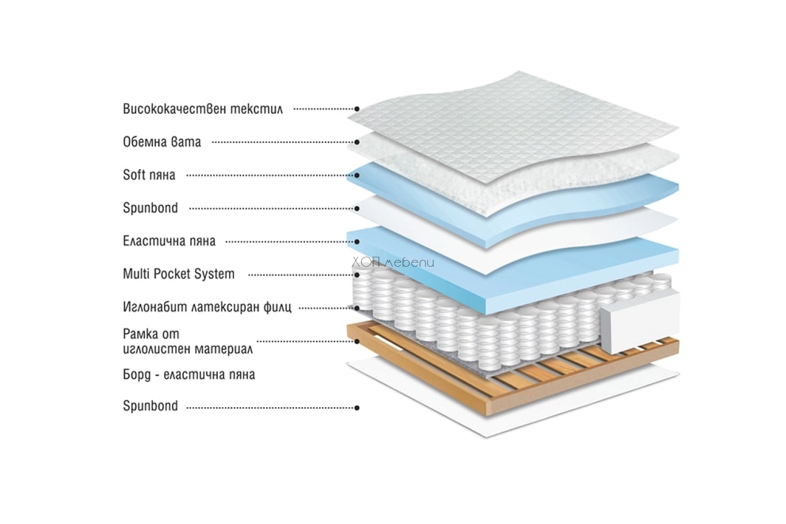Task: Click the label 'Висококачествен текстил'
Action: coord(203,109)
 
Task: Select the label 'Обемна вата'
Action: coord(162,142)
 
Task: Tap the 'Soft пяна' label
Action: coord(149,175)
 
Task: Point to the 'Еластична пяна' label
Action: coord(169,241)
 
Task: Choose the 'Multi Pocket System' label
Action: coord(179,274)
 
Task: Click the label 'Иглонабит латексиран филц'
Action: coord(207,307)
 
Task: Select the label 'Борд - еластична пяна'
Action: coord(189,375)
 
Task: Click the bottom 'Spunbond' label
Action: coord(150,406)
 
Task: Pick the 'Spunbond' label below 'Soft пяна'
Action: coord(150,208)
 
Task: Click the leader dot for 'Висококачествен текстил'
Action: coord(357,109)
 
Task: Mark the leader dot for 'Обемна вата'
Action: coord(357,142)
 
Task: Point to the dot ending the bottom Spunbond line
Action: coord(357,408)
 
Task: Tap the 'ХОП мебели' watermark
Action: coord(393,263)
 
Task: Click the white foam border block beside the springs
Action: coord(639,323)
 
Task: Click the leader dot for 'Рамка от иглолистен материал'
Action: coord(357,341)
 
